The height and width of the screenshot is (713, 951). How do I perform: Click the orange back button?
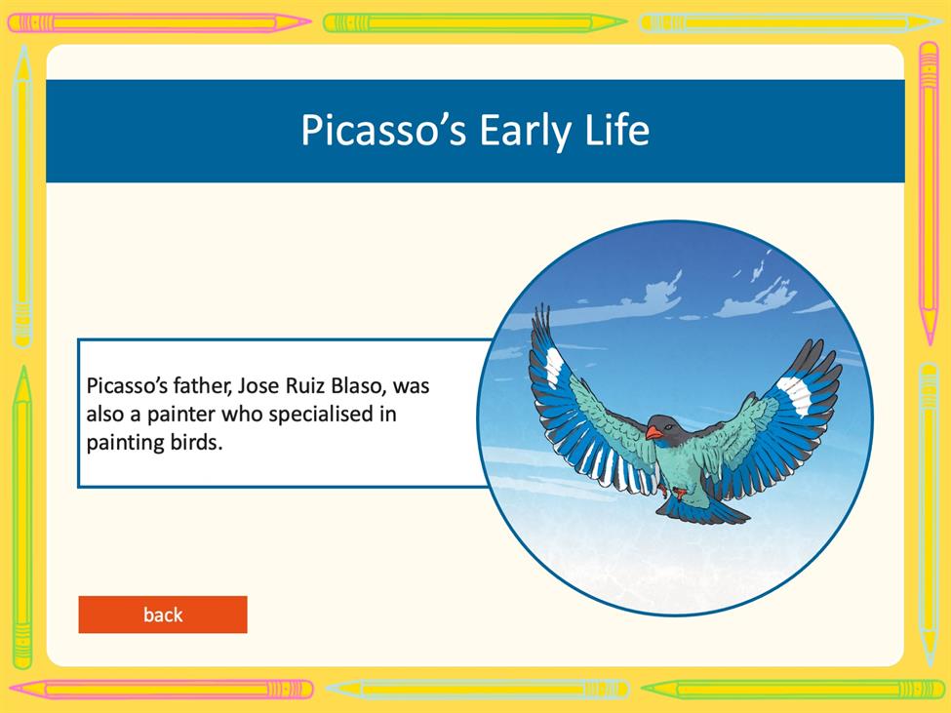(x=163, y=614)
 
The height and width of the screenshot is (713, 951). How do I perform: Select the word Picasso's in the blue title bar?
(x=383, y=130)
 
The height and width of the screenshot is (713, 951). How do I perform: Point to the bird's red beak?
(x=654, y=432)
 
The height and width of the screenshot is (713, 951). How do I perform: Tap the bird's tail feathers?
(x=703, y=510)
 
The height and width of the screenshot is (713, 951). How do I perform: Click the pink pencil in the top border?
(x=159, y=23)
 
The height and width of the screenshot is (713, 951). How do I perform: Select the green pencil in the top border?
(x=475, y=23)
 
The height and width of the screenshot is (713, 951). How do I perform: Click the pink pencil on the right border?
(x=929, y=193)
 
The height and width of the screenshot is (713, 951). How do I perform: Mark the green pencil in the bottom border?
(x=793, y=690)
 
